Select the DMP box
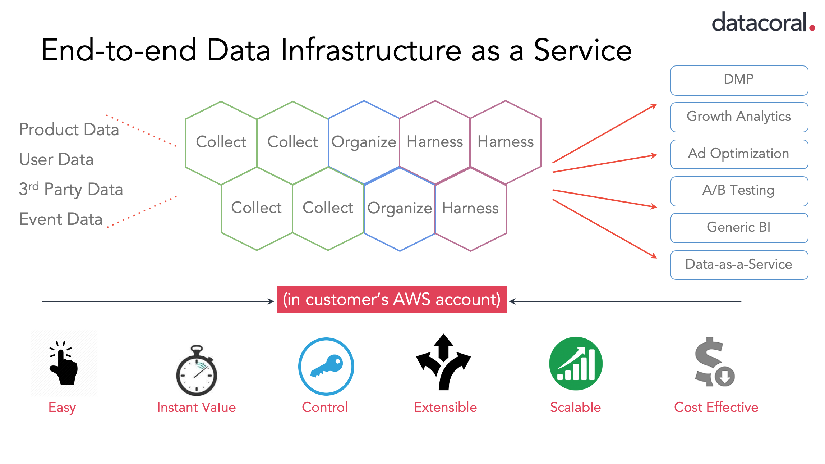739,80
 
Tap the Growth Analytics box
739,117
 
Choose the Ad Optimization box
739,154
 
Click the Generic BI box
739,228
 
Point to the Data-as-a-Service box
739,265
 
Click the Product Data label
69,129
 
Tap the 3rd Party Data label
71,189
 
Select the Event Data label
61,219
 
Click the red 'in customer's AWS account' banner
392,300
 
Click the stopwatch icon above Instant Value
197,370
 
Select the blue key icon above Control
326,366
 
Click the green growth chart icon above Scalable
576,363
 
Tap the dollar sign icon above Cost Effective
713,362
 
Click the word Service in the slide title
582,50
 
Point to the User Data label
56,159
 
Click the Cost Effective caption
716,407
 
